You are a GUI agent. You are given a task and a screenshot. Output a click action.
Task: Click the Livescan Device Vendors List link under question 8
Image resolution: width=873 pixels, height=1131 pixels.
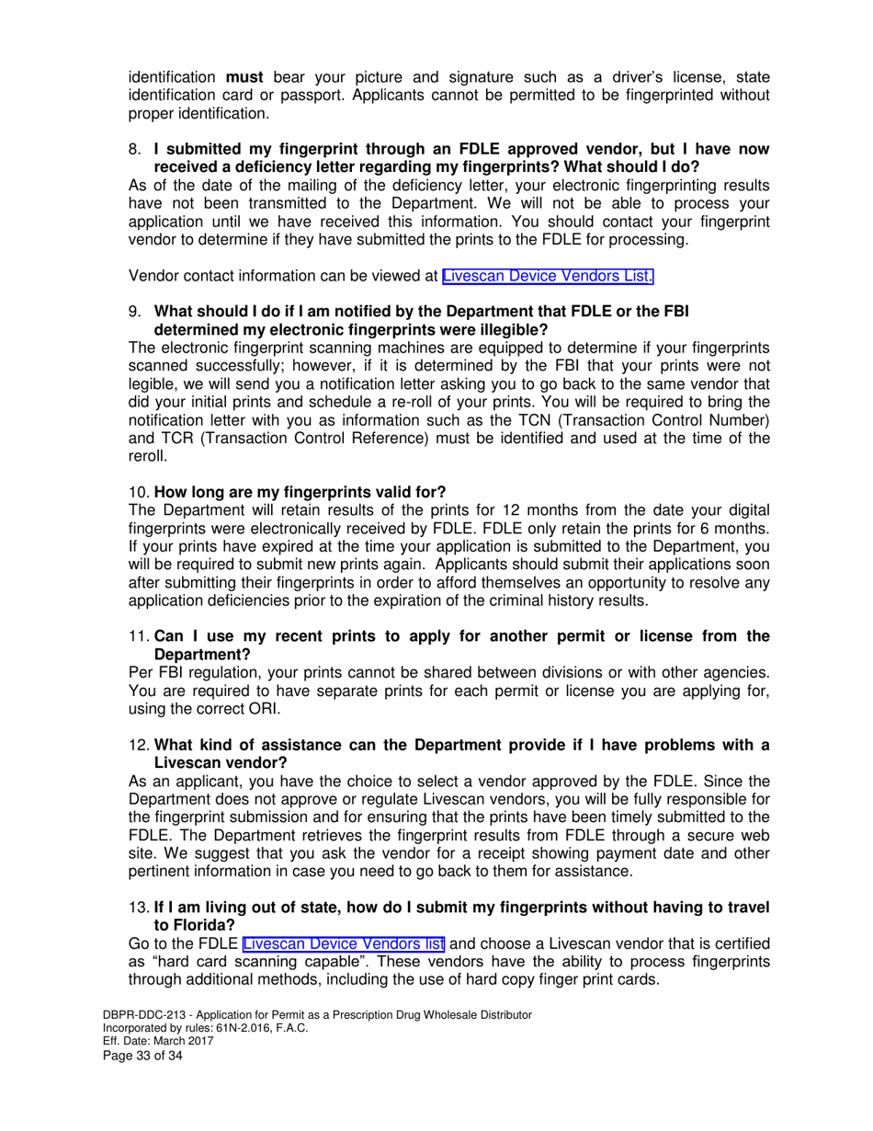[549, 275]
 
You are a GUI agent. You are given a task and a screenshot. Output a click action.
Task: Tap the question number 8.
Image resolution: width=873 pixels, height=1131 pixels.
[135, 149]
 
